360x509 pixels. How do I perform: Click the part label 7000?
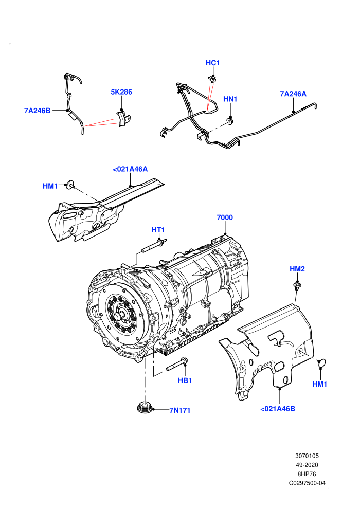[x=225, y=217]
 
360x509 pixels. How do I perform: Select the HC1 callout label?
[x=212, y=63]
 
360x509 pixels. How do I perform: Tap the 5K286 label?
[x=121, y=92]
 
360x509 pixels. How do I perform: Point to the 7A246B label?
[x=38, y=111]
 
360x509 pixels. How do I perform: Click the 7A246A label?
[x=293, y=94]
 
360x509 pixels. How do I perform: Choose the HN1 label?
[x=230, y=99]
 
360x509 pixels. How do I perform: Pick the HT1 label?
[x=158, y=230]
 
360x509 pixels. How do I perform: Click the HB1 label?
[x=185, y=380]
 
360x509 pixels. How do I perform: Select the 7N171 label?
[x=180, y=410]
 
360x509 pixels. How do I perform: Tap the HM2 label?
[x=297, y=269]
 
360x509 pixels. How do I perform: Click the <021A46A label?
[x=130, y=169]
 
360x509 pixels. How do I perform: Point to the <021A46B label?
[x=278, y=409]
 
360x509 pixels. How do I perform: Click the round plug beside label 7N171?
[x=145, y=407]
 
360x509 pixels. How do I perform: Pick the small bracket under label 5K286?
[x=123, y=118]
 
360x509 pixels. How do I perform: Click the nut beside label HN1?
[x=230, y=122]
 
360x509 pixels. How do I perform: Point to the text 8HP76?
[x=307, y=474]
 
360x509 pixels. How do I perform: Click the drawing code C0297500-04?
[x=307, y=483]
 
